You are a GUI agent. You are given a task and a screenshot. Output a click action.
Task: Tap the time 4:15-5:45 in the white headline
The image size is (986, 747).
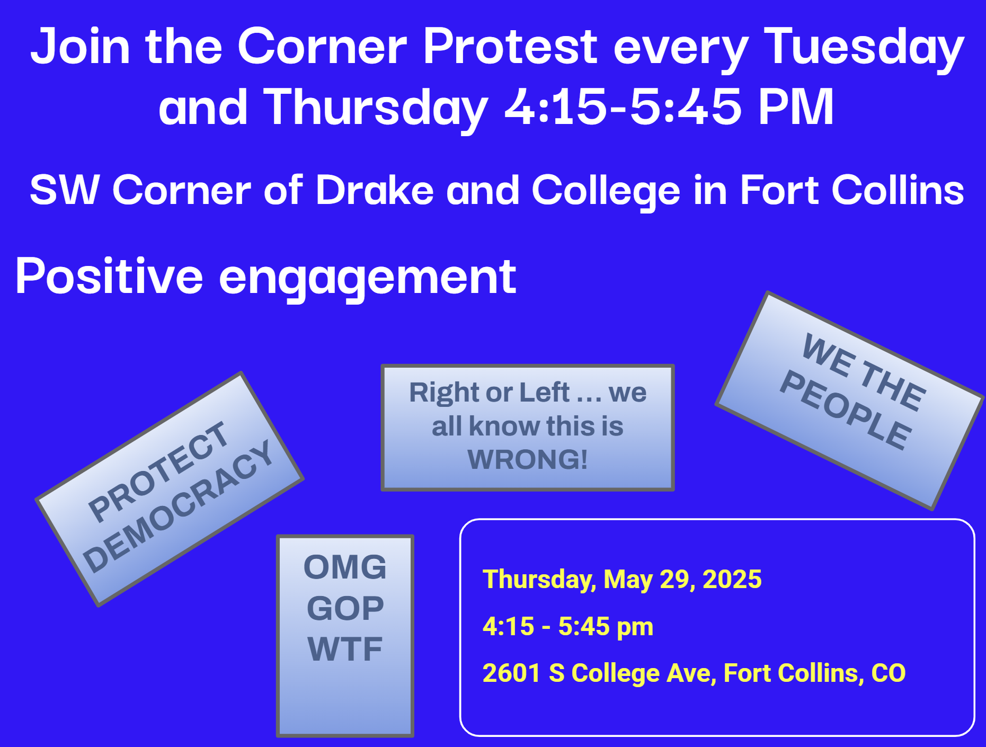tap(623, 107)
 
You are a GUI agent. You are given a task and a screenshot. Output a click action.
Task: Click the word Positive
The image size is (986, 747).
tap(109, 275)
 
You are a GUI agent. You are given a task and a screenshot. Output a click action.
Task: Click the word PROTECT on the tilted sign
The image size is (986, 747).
tap(158, 471)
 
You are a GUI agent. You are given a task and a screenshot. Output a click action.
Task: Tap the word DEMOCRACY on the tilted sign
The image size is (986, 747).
tap(177, 506)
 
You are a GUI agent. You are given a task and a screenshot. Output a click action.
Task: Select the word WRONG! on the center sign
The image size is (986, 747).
tap(528, 459)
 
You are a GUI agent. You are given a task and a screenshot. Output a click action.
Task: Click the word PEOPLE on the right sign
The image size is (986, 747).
tap(846, 410)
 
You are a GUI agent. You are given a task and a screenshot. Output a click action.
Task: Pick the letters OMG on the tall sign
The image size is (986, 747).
tap(345, 567)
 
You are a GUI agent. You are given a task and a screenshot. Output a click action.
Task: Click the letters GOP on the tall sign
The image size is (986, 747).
tap(345, 608)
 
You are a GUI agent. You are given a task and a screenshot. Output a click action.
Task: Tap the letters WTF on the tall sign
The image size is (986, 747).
tap(345, 649)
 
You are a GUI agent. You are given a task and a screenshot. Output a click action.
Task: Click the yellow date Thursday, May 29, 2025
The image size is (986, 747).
tap(622, 580)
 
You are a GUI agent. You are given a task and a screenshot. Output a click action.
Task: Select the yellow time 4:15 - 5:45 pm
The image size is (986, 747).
tap(568, 627)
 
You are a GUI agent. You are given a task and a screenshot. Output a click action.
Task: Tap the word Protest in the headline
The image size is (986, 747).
tap(510, 47)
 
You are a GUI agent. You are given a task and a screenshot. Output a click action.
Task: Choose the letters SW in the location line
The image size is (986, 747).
tap(65, 190)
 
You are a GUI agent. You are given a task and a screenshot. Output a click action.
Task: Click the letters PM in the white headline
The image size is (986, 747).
tap(796, 107)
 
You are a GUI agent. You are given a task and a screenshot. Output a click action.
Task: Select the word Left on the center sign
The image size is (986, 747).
tap(545, 393)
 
